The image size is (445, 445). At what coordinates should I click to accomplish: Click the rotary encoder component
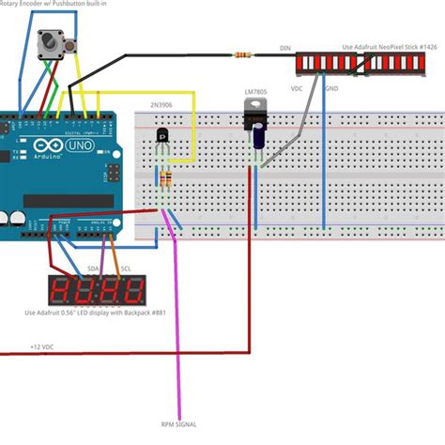53,43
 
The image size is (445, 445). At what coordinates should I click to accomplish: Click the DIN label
285,47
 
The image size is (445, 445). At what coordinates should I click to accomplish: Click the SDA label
93,269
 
